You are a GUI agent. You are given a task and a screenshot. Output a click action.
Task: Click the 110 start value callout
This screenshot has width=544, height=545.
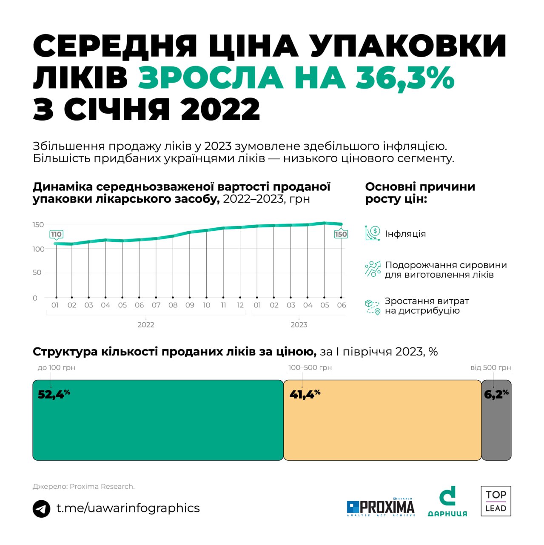coord(56,234)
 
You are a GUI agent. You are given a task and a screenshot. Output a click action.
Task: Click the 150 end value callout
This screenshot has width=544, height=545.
coord(341,234)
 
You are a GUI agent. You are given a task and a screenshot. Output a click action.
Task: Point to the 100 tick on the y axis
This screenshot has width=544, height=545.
coord(38,249)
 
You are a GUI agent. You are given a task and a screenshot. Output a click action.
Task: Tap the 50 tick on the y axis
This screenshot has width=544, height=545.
coord(37,272)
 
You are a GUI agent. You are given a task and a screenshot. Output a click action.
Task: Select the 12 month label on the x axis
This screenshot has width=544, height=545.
coord(240,305)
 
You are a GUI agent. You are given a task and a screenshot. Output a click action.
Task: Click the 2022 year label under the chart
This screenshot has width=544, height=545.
coord(145,325)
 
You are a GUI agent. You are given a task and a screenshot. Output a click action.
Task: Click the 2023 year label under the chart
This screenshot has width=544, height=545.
coord(299,325)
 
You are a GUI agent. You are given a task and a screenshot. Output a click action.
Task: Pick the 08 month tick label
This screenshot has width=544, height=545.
coord(173,305)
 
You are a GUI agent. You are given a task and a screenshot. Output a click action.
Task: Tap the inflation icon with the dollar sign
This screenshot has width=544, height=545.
coord(373,233)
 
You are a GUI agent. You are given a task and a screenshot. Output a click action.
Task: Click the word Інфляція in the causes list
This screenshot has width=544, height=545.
coord(405,234)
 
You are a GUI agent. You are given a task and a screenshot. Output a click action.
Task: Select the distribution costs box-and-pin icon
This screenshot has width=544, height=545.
coord(373,307)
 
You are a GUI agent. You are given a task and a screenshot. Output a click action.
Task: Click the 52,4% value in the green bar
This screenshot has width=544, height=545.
coord(54,394)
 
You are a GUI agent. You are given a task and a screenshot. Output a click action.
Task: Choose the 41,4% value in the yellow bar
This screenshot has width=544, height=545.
coord(305,394)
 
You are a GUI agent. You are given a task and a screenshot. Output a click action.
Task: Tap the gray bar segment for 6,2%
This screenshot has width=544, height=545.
coord(496,426)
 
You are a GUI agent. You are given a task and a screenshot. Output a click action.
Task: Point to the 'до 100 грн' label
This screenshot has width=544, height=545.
coord(56,367)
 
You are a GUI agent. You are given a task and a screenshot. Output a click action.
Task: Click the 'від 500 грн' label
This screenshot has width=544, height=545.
coord(490,367)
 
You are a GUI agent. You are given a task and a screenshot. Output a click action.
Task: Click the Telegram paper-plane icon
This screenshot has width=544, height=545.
coord(42,509)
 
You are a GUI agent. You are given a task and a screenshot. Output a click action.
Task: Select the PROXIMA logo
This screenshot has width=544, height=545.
coord(381,507)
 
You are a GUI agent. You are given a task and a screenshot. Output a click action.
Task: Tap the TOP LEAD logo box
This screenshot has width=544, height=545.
coord(496,501)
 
